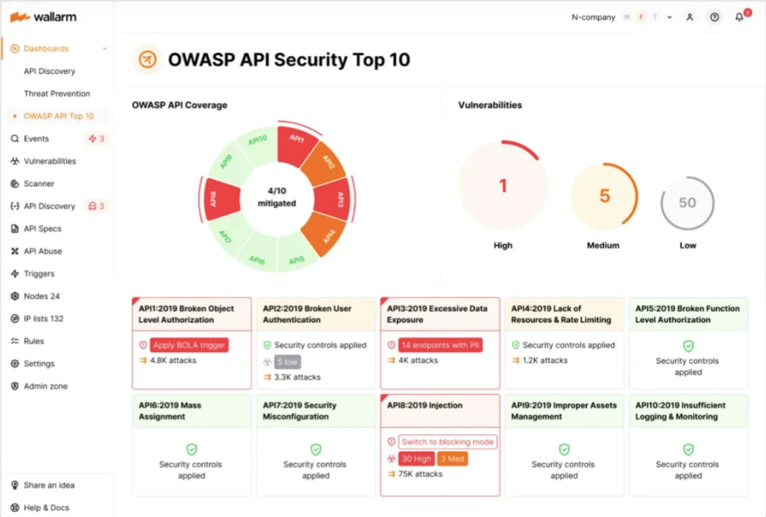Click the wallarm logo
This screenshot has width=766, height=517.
click(43, 17)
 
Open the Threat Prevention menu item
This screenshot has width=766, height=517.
click(56, 94)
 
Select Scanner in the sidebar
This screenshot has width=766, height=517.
click(39, 184)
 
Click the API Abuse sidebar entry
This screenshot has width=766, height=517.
click(43, 251)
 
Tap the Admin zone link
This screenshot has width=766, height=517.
click(45, 386)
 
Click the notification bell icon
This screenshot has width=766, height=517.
click(739, 17)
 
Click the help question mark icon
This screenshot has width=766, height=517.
click(714, 17)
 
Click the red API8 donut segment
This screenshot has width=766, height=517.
click(221, 199)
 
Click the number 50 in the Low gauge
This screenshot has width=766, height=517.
click(687, 203)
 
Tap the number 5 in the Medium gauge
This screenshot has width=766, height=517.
click(605, 196)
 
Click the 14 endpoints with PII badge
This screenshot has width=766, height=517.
click(440, 345)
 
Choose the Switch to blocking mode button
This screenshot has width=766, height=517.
click(447, 442)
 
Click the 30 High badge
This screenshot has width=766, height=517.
click(416, 459)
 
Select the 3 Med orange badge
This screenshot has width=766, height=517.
click(452, 459)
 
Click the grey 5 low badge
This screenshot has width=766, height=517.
click(287, 362)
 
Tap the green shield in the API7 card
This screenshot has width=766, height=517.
click(315, 449)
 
